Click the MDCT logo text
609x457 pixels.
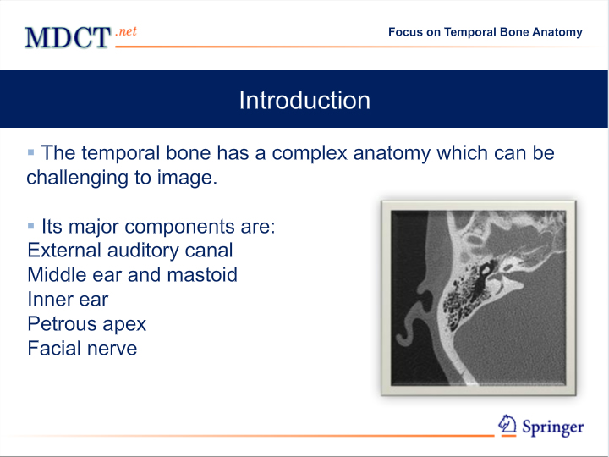point(68,38)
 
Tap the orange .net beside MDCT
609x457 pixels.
point(126,31)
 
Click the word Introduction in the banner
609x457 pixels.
point(304,100)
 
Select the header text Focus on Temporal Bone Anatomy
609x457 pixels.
point(486,32)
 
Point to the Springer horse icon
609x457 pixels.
point(507,424)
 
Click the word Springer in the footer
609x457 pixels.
point(552,427)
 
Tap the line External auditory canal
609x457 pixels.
point(130,251)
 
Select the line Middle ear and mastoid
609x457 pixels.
point(133,275)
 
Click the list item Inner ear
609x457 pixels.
point(68,300)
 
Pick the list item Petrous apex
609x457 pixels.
point(86,323)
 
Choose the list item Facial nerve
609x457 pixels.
point(82,348)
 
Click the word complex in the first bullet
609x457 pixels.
point(310,153)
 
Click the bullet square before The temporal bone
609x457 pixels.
point(31,152)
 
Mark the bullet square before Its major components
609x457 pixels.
point(31,226)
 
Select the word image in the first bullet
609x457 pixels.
point(187,178)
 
